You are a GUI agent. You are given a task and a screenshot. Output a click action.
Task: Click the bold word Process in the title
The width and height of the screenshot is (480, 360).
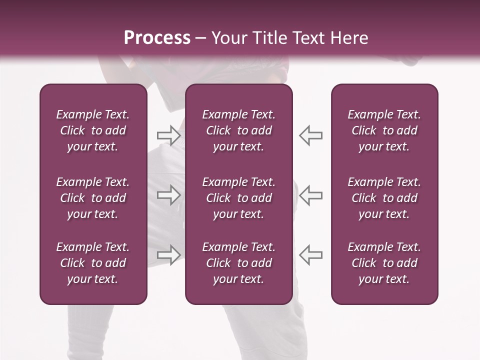[157, 38]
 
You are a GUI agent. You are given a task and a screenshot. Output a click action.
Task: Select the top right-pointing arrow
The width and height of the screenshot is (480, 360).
[168, 135]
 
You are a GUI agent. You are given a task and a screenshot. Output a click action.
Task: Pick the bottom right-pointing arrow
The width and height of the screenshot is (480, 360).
[168, 254]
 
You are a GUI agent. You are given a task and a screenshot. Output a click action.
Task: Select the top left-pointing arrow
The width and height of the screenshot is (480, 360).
[311, 135]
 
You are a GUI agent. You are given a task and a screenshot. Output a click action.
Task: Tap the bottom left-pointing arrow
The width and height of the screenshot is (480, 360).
[311, 254]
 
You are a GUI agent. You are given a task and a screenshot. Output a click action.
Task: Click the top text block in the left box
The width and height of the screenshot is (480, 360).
[93, 130]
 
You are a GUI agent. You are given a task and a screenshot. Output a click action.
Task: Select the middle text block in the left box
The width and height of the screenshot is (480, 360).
[93, 198]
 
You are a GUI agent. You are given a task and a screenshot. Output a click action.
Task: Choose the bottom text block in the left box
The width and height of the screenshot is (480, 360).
[93, 263]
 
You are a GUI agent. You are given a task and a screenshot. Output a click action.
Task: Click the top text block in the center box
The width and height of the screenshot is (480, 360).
[238, 130]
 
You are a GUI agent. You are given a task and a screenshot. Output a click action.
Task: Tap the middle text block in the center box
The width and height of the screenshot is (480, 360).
[238, 198]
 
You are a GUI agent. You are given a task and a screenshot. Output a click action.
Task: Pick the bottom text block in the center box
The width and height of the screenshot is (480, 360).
[238, 263]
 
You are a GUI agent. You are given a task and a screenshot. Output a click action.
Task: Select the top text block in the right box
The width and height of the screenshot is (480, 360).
[384, 130]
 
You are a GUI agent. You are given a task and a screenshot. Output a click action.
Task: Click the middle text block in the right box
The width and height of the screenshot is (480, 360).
[384, 198]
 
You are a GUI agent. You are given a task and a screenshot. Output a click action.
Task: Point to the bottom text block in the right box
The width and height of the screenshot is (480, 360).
[384, 263]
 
